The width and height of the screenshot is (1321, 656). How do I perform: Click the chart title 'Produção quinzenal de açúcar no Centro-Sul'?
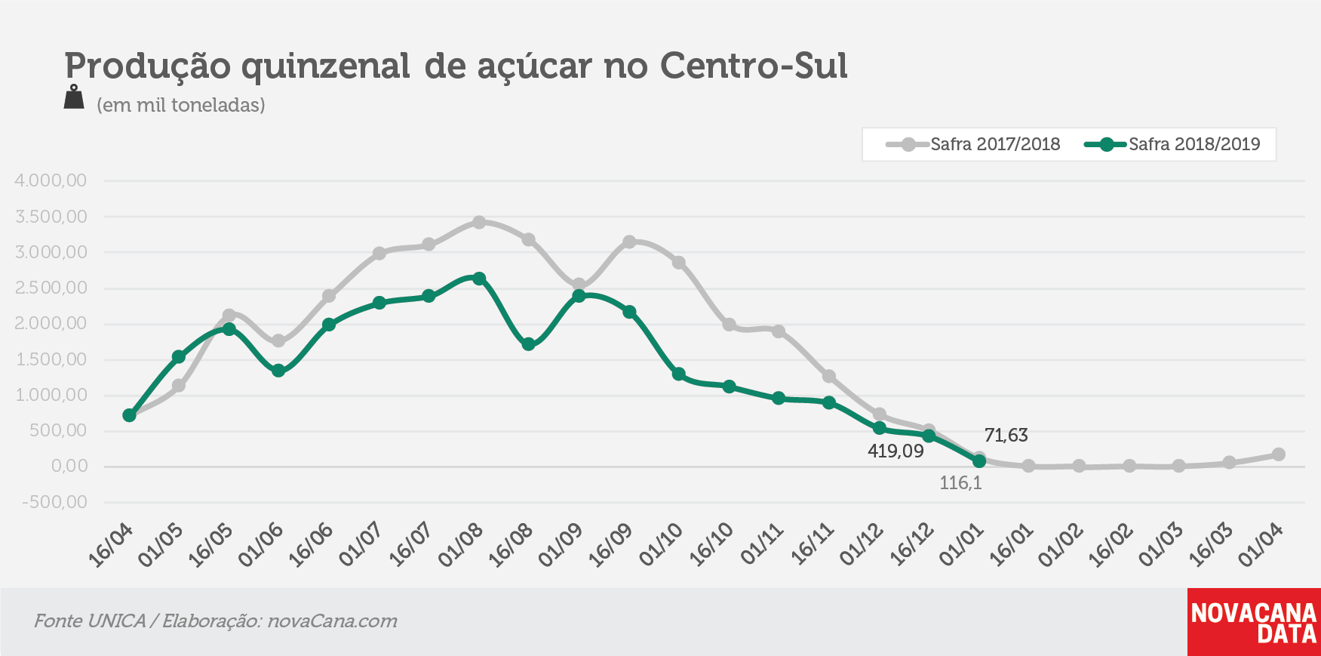[x=456, y=66]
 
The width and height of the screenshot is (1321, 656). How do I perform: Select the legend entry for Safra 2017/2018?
[x=973, y=144]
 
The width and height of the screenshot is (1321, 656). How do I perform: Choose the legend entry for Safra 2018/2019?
[x=1172, y=144]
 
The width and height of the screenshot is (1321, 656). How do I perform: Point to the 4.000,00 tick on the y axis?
[x=51, y=180]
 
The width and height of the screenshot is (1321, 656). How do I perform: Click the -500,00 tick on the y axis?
[x=54, y=502]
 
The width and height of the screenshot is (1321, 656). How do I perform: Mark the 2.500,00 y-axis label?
[x=51, y=288]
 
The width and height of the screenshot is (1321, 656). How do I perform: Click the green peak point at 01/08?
[x=479, y=279]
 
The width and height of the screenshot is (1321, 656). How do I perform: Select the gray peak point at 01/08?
[x=479, y=222]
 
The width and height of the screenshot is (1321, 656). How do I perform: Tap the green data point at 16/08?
[x=529, y=344]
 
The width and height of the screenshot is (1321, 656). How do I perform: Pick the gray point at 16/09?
[x=629, y=242]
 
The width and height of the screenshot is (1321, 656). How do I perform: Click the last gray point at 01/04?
[x=1279, y=454]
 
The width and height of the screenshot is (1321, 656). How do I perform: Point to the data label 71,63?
[x=1006, y=436]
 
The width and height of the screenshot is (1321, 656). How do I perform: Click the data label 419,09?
[x=896, y=451]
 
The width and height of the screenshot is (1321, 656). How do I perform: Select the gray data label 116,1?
[x=960, y=483]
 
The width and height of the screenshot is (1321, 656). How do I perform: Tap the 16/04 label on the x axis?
[x=111, y=545]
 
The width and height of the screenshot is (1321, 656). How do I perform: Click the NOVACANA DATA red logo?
[x=1254, y=622]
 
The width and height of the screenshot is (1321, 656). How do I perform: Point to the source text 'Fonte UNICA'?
[x=90, y=621]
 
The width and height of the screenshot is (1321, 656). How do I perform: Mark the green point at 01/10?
[x=679, y=374]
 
